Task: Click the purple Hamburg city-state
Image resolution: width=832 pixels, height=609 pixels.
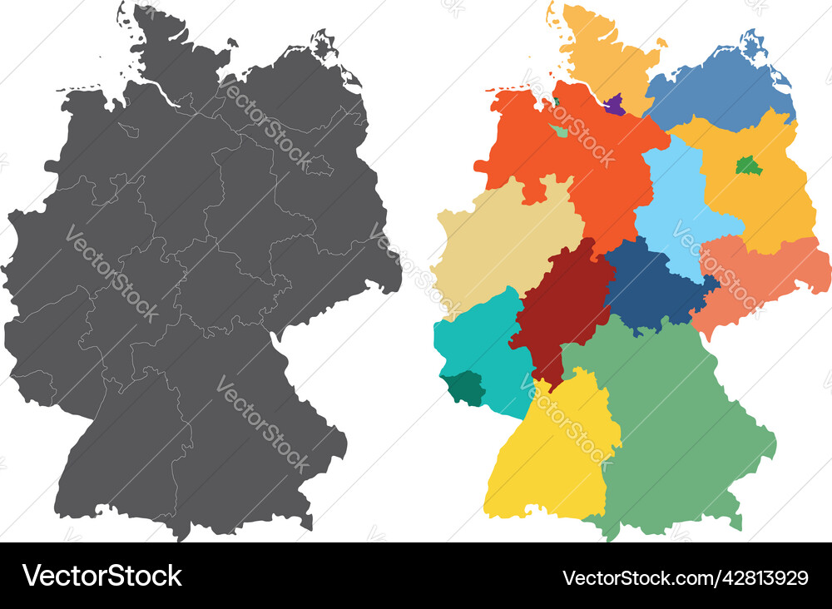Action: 615,105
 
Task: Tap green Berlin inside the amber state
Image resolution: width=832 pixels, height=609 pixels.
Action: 749,166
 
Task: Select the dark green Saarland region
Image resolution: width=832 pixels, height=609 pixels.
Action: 463,388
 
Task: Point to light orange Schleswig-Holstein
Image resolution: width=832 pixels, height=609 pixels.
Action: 599,50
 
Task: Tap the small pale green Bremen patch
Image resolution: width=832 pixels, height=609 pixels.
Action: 560,131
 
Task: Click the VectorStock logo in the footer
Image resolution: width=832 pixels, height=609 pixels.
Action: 102,576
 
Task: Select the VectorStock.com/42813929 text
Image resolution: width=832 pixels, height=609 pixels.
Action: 685,577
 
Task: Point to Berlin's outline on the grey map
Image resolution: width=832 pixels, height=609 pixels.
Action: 319,165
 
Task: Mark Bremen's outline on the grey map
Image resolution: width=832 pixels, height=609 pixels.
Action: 129,130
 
